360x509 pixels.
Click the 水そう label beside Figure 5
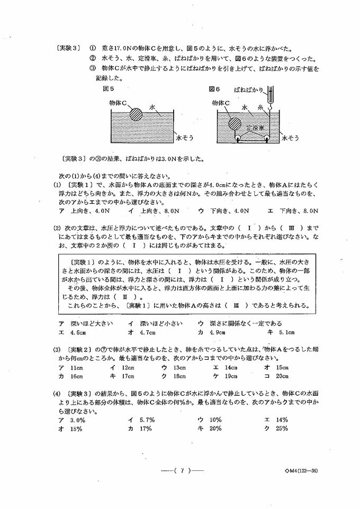[185, 138]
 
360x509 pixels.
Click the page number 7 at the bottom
[181, 469]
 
